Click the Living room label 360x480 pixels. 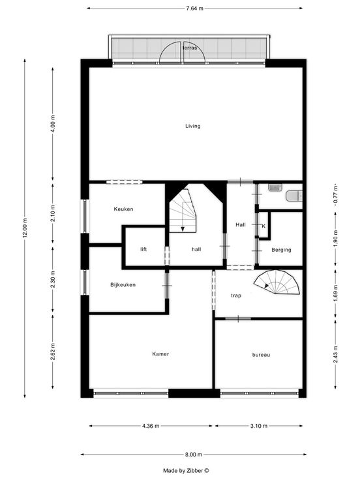pyautogui.click(x=193, y=126)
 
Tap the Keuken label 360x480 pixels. pyautogui.click(x=123, y=209)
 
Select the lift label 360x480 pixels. pyautogui.click(x=143, y=249)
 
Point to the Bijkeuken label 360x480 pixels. pyautogui.click(x=123, y=285)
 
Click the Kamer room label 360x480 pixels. pyautogui.click(x=160, y=354)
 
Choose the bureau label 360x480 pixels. pyautogui.click(x=261, y=355)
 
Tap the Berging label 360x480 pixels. pyautogui.click(x=281, y=250)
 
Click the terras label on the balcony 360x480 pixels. pyautogui.click(x=190, y=48)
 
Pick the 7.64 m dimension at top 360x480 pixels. pyautogui.click(x=195, y=8)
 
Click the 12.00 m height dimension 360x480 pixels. pyautogui.click(x=25, y=228)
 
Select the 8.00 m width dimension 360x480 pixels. pyautogui.click(x=194, y=455)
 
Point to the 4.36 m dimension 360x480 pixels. pyautogui.click(x=151, y=426)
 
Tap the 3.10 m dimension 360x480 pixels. pyautogui.click(x=259, y=426)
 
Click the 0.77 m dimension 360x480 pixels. pyautogui.click(x=336, y=195)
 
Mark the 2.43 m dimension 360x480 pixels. pyautogui.click(x=336, y=354)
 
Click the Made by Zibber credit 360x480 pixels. pyautogui.click(x=186, y=470)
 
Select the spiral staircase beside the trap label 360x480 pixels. pyautogui.click(x=277, y=282)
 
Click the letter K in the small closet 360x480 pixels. pyautogui.click(x=263, y=226)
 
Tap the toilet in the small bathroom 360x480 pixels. pyautogui.click(x=294, y=196)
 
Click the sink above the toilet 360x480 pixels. pyautogui.click(x=275, y=187)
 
